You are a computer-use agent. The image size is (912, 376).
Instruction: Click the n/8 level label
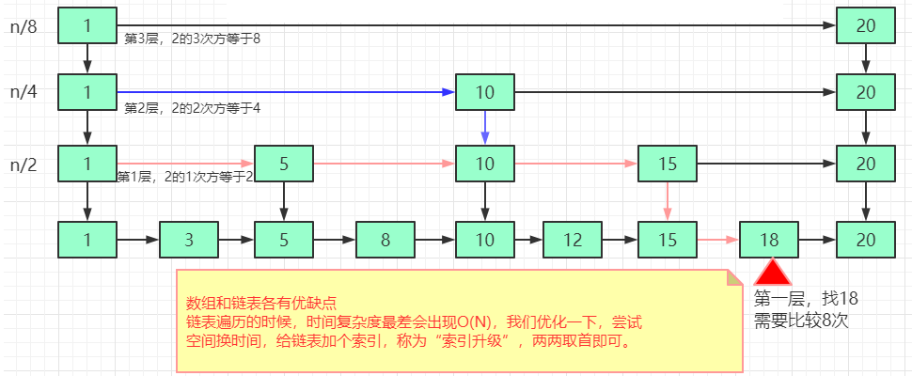click(x=24, y=26)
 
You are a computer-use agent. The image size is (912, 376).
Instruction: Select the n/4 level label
click(x=24, y=92)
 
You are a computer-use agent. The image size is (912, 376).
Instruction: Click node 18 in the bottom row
click(x=769, y=239)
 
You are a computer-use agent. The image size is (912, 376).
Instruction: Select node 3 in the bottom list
click(x=189, y=239)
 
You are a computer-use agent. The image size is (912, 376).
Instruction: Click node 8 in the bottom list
click(x=385, y=239)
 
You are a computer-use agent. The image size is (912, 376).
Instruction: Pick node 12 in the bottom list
click(x=573, y=239)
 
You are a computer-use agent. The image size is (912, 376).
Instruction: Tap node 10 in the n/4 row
click(x=484, y=92)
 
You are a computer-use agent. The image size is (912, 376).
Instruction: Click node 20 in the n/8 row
click(x=865, y=26)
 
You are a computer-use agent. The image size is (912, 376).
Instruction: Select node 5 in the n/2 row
click(x=283, y=164)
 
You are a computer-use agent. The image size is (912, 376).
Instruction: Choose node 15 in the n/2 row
click(x=667, y=164)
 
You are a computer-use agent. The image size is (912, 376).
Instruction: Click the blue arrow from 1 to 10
click(x=282, y=92)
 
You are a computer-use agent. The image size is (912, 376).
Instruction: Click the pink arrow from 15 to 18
click(x=717, y=239)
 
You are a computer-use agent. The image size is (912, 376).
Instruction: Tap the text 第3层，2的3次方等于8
click(x=192, y=39)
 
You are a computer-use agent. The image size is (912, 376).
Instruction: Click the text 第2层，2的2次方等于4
click(x=192, y=108)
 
